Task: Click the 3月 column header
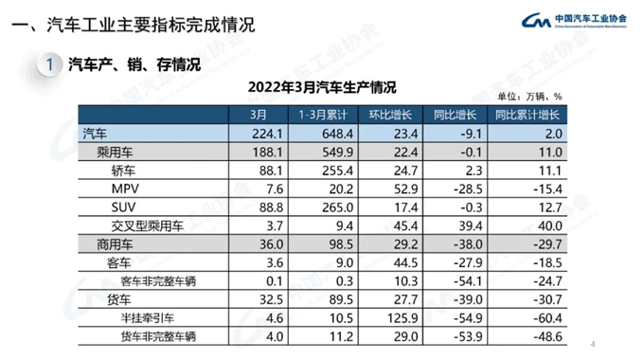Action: [259, 116]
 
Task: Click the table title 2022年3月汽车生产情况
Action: [321, 88]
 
